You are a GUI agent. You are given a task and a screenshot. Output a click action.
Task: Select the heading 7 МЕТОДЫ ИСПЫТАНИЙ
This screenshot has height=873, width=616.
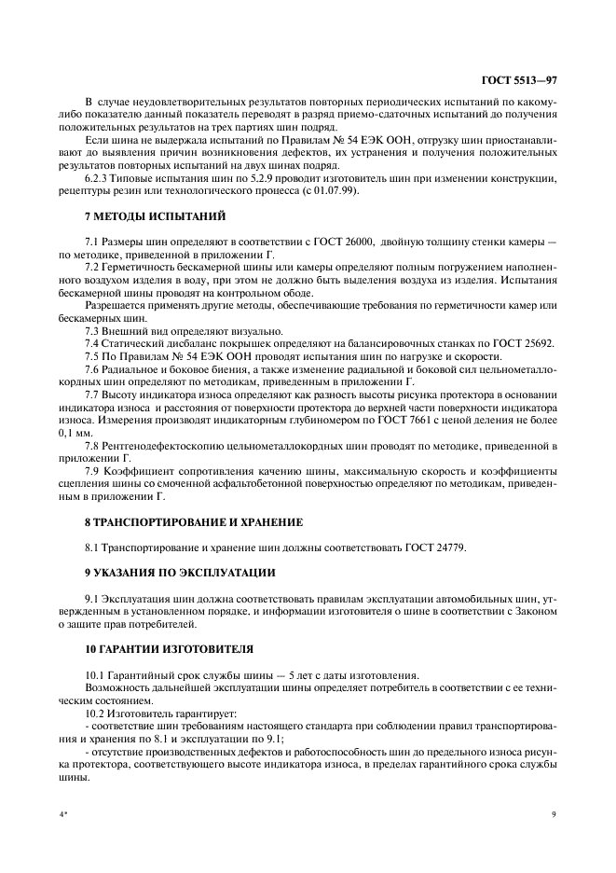[142, 216]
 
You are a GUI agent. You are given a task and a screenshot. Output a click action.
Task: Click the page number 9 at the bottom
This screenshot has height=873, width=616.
[554, 813]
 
